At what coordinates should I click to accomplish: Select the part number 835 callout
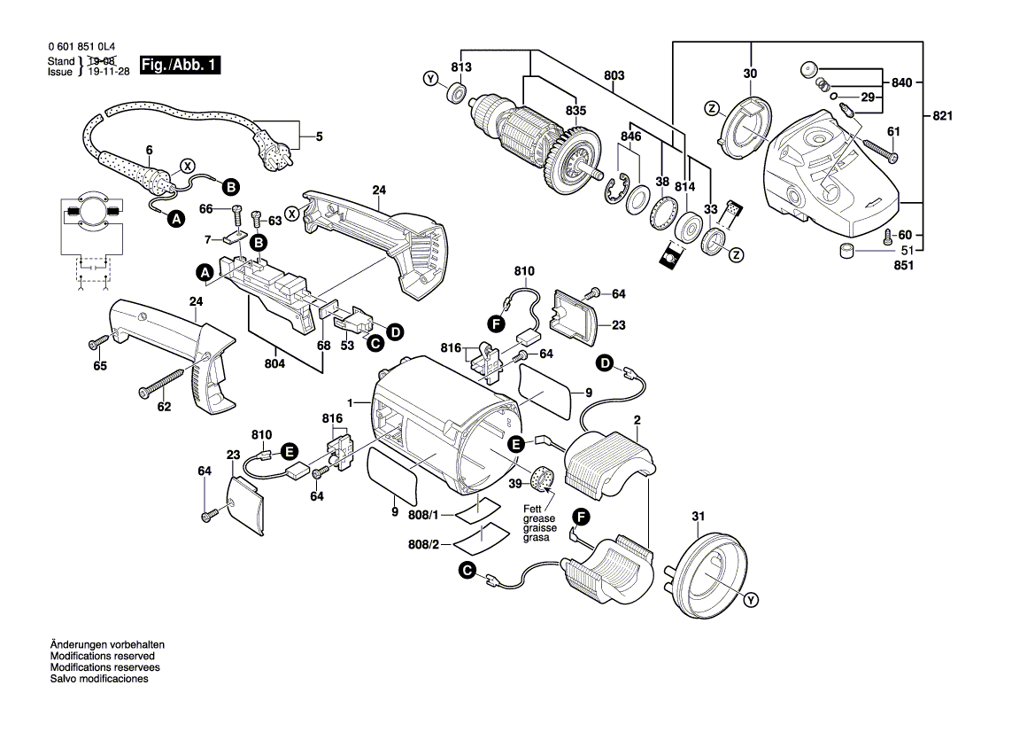point(575,111)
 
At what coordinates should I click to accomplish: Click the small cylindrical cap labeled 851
point(848,251)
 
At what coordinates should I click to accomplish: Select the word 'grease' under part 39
point(538,518)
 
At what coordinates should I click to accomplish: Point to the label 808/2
point(424,543)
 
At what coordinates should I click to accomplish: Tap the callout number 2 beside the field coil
point(636,419)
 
